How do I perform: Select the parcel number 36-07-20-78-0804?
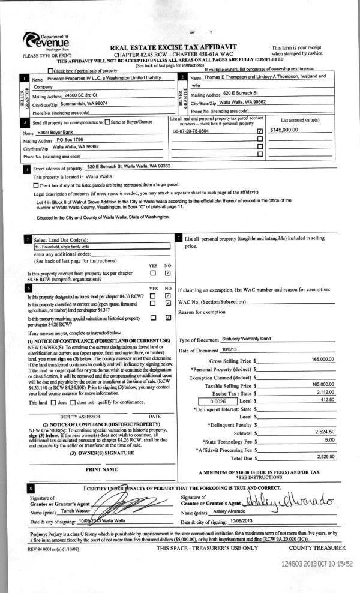[x=190, y=130]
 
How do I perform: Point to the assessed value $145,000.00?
[x=287, y=130]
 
